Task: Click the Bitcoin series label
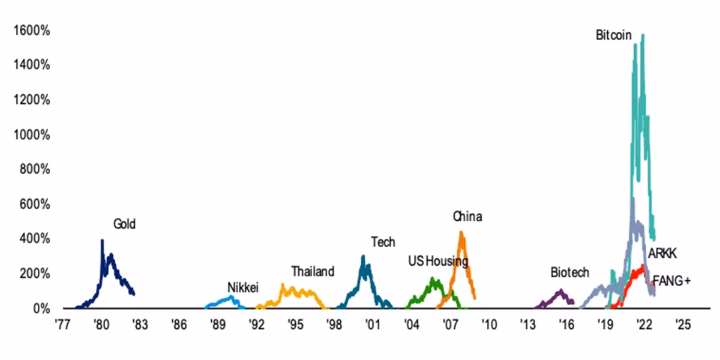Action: pyautogui.click(x=613, y=35)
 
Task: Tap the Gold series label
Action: pyautogui.click(x=125, y=224)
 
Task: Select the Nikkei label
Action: pyautogui.click(x=242, y=287)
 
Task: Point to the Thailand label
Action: pyautogui.click(x=313, y=272)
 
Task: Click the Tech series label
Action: pyautogui.click(x=383, y=242)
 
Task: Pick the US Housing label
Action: pyautogui.click(x=438, y=261)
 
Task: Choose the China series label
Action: pyautogui.click(x=467, y=217)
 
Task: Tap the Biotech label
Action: pyautogui.click(x=570, y=272)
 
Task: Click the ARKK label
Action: pyautogui.click(x=662, y=254)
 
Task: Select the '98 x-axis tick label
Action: pyautogui.click(x=334, y=325)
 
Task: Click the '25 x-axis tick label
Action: pyautogui.click(x=683, y=325)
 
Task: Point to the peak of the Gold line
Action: pyautogui.click(x=102, y=241)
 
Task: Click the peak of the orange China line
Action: pyautogui.click(x=461, y=232)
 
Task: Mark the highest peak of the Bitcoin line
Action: pyautogui.click(x=643, y=35)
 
